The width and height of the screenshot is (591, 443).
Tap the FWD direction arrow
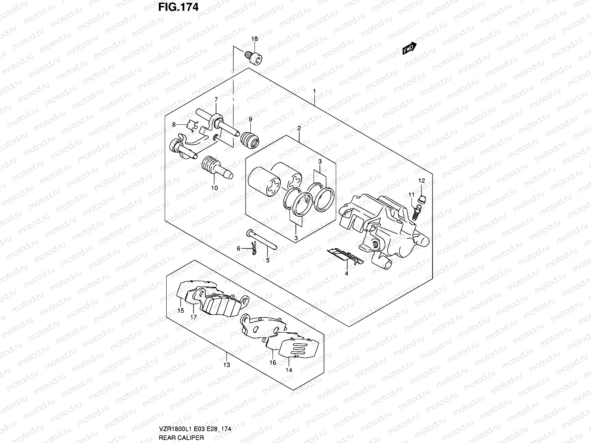(409, 48)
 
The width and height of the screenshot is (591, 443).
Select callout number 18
(254, 39)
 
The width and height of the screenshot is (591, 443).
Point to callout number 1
(314, 91)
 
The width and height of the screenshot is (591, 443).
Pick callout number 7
(216, 99)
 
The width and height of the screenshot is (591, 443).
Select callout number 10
(214, 188)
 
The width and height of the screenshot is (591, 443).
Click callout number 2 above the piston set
(299, 128)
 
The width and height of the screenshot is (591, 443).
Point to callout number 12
(421, 181)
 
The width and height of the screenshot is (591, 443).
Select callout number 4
(346, 274)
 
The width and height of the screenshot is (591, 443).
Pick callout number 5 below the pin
(267, 260)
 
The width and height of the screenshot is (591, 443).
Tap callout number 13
(226, 365)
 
